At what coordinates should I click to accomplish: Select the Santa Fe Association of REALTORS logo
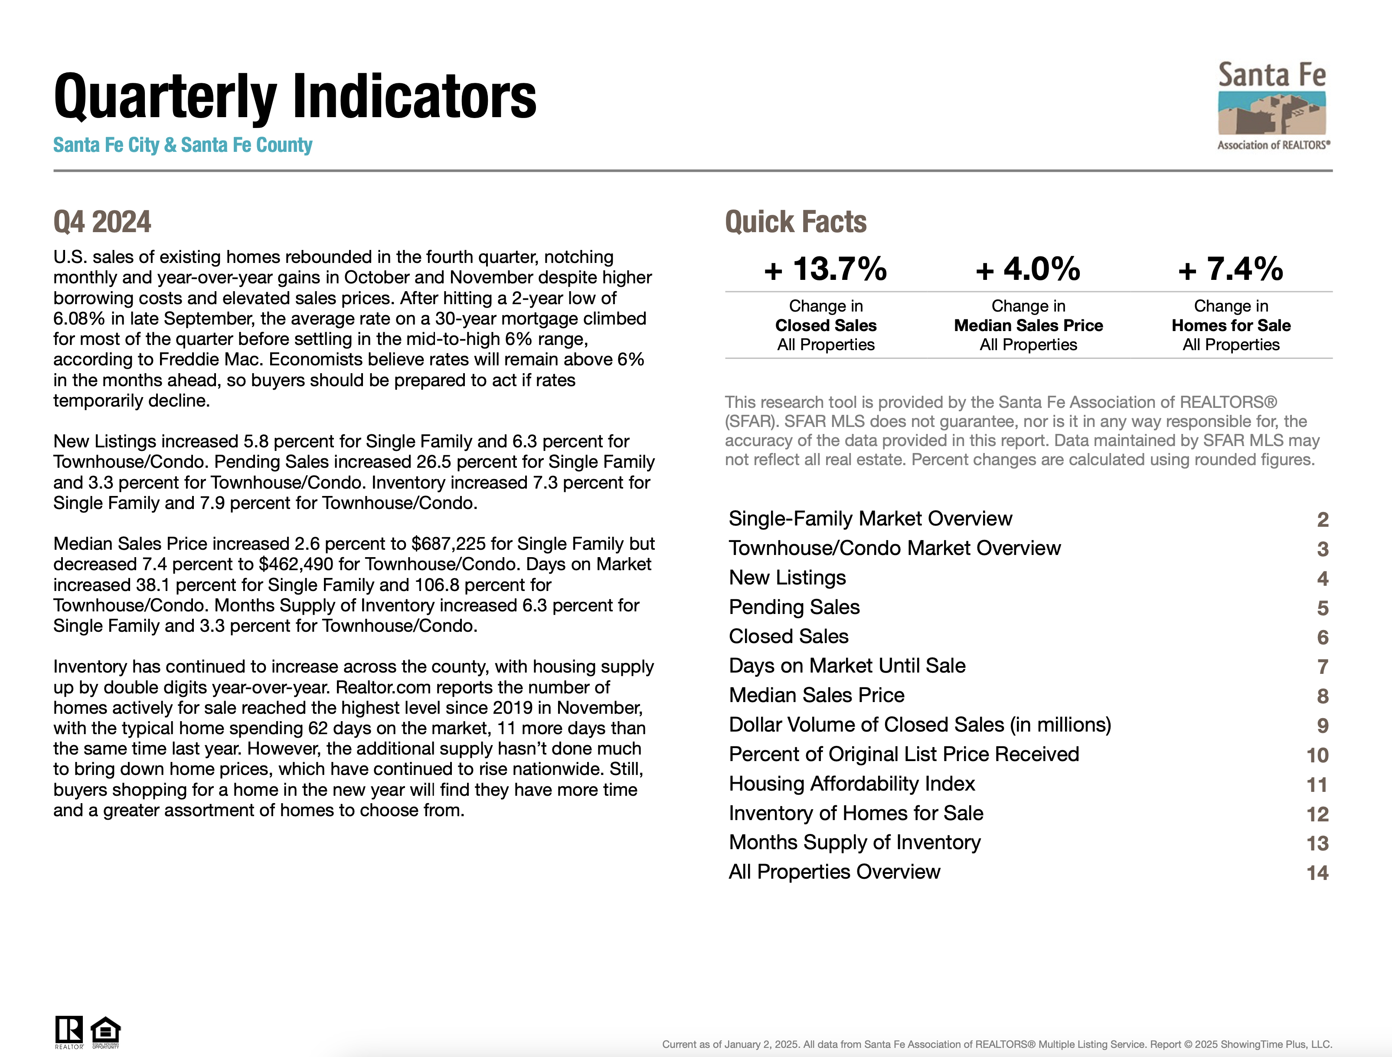click(x=1272, y=106)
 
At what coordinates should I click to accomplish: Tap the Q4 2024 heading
click(x=102, y=222)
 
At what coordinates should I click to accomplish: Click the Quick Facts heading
click(x=795, y=222)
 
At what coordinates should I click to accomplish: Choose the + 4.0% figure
click(x=1028, y=269)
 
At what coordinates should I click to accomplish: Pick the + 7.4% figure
click(x=1230, y=269)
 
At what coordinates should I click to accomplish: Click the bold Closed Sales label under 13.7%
click(x=826, y=325)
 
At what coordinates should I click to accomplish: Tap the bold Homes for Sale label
click(x=1231, y=325)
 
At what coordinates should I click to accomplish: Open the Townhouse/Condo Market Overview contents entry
click(x=894, y=548)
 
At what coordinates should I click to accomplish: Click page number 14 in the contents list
click(x=1317, y=873)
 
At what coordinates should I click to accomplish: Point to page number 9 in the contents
click(x=1323, y=726)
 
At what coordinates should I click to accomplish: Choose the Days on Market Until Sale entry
click(x=847, y=666)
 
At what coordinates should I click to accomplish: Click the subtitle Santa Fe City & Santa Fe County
click(x=183, y=145)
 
